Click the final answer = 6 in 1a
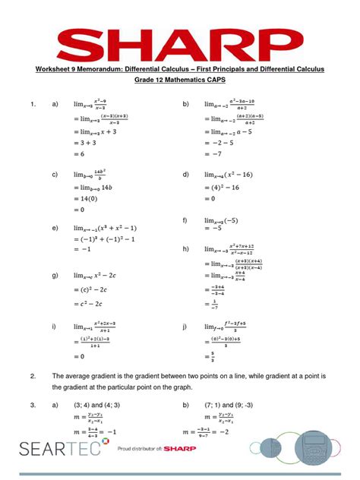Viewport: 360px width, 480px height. tap(79, 153)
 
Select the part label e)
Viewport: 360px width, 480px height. tap(55, 228)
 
